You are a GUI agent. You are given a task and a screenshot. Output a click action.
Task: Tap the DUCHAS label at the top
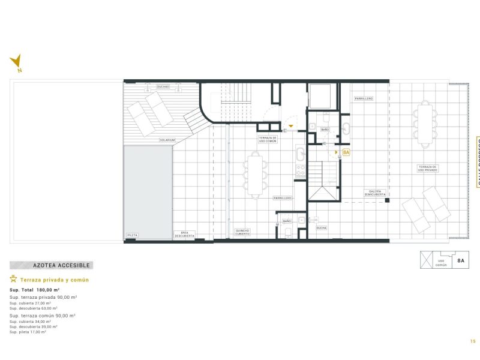(163, 86)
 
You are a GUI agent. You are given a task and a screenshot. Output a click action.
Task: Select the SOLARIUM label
(167, 140)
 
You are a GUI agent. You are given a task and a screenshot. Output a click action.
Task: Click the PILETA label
(132, 235)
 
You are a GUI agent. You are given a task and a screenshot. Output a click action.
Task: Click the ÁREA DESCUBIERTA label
(184, 235)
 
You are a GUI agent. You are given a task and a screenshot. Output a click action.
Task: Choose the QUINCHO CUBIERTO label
(243, 232)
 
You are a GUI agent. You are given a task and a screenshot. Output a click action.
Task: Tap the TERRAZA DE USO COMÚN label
(268, 139)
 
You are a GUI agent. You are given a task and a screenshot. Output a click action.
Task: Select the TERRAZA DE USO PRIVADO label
(428, 168)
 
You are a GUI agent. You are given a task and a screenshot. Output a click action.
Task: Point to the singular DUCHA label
(322, 227)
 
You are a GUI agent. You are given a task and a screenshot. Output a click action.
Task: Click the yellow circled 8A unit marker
(346, 152)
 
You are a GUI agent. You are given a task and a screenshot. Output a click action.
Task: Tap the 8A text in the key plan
(461, 261)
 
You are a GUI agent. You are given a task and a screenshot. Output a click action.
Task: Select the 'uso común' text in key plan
(441, 263)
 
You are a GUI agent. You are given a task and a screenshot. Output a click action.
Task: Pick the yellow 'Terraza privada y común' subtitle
(54, 280)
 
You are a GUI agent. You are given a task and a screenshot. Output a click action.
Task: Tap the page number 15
(473, 341)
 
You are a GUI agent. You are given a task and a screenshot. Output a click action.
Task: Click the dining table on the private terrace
(425, 124)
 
